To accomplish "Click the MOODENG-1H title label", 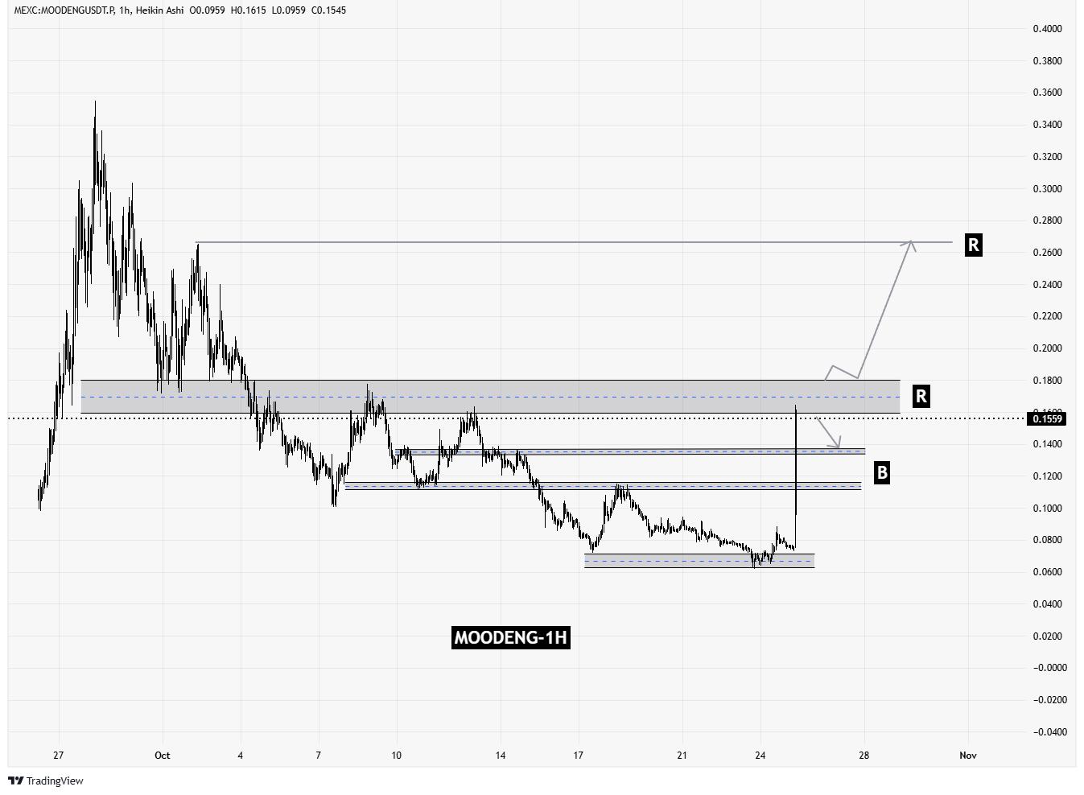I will [511, 638].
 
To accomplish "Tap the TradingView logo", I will [46, 781].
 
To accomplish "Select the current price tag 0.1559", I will [1048, 418].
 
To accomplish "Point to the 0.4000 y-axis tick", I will [1047, 29].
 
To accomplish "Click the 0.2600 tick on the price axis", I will [1047, 253].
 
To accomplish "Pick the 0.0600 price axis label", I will [1047, 572].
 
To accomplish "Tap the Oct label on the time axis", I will [163, 756].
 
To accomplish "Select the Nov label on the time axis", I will [968, 756].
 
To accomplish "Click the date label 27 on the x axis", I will [58, 756].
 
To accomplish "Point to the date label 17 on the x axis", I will [578, 756].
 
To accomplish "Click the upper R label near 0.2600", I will [973, 245].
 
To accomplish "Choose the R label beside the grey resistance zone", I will [921, 396].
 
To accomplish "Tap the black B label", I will [882, 473].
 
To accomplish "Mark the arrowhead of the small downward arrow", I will [839, 447].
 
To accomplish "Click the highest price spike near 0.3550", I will [95, 103].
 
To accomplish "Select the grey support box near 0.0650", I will [699, 561].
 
